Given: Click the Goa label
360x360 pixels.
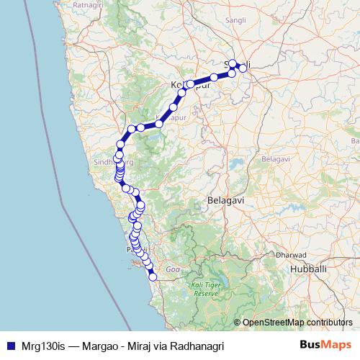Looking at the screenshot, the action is pos(173,269).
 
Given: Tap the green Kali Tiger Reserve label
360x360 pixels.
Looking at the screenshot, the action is pos(204,289).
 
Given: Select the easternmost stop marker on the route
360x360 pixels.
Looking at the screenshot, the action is pos(243,68).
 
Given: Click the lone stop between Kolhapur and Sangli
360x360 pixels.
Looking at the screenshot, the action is pos(215,77).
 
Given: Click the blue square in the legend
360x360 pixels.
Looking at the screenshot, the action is pos(8,346).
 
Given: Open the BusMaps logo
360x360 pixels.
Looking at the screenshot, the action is pos(325,345).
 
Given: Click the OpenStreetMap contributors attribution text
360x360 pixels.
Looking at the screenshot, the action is pos(297,323).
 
